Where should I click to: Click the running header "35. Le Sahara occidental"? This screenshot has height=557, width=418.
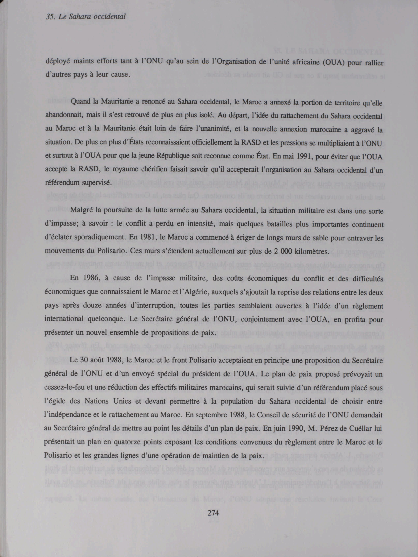pos(86,17)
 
